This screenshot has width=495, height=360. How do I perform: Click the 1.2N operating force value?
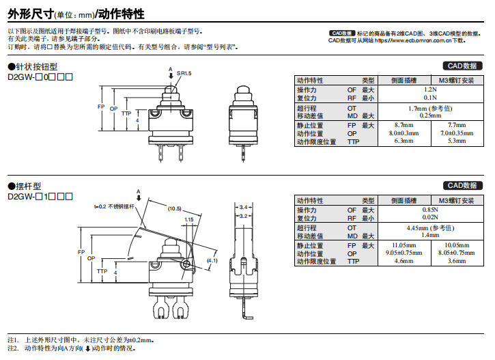click(x=430, y=89)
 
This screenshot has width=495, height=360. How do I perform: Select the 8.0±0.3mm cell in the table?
click(x=404, y=133)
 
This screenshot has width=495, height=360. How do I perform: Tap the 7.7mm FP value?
click(x=457, y=125)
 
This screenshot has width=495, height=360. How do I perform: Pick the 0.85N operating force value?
click(x=430, y=209)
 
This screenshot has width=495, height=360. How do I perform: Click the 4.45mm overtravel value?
click(x=430, y=228)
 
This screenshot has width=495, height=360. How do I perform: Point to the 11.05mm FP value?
click(x=404, y=245)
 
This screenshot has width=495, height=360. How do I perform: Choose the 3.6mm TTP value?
click(x=457, y=261)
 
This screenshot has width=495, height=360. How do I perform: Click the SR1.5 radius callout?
click(x=184, y=73)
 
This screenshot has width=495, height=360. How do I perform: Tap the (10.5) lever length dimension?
click(x=175, y=209)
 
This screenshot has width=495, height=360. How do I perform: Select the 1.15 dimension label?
click(x=188, y=219)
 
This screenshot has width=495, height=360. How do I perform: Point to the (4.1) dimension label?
click(x=212, y=260)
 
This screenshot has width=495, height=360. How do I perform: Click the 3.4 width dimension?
click(x=243, y=207)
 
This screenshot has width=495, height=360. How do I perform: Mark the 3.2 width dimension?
click(x=243, y=216)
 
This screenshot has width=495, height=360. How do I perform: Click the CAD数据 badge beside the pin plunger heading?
click(x=462, y=66)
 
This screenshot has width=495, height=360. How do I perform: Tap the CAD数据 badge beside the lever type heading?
click(x=462, y=185)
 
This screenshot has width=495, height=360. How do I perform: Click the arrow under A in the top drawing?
click(x=171, y=76)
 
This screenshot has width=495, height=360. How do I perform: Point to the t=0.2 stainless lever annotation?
click(x=114, y=206)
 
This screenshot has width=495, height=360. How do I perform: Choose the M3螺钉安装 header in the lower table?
click(x=457, y=200)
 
